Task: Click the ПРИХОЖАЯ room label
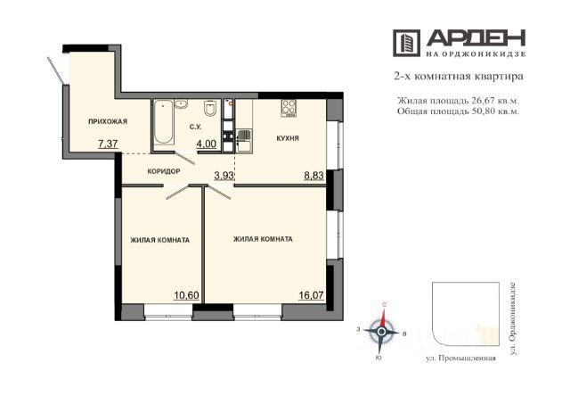point(108,121)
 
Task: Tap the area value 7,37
point(108,144)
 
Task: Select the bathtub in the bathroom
point(163,123)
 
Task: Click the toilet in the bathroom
point(211,108)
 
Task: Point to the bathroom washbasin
point(181,105)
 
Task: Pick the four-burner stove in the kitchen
point(289,108)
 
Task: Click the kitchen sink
point(244,141)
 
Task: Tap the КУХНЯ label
point(288,138)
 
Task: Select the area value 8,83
point(313,177)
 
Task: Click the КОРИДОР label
point(164,171)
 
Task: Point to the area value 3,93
point(224,177)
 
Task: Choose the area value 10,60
point(186,295)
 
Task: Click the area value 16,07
point(311,295)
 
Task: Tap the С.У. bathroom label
point(195,127)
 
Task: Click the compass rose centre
point(381,332)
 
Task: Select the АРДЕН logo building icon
point(406,43)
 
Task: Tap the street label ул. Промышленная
point(460,359)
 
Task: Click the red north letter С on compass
point(384,306)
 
